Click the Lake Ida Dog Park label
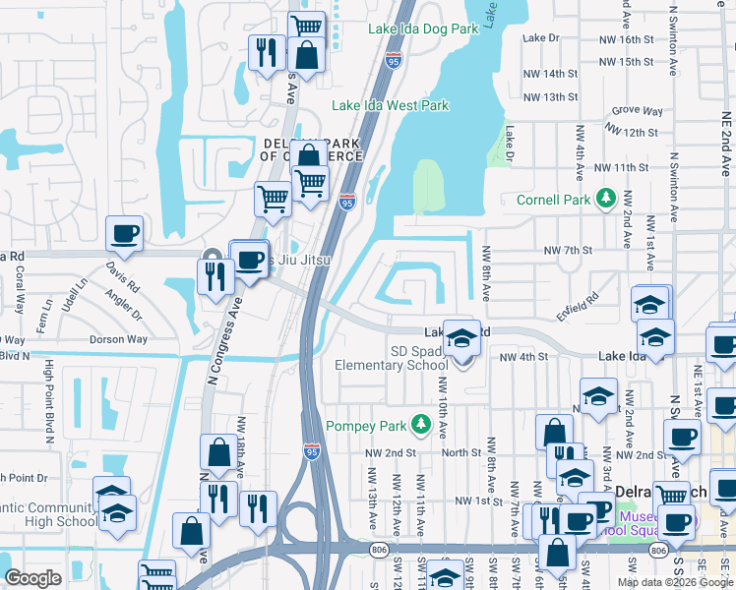(x=423, y=29)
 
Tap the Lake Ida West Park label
(x=390, y=105)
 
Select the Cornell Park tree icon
(x=607, y=200)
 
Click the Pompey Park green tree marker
(x=421, y=424)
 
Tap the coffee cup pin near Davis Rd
(x=125, y=234)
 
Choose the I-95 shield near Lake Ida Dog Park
(x=394, y=60)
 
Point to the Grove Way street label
(x=637, y=111)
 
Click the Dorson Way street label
(x=117, y=339)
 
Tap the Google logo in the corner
(x=33, y=578)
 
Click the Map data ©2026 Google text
(x=674, y=582)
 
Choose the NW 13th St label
(x=551, y=97)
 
